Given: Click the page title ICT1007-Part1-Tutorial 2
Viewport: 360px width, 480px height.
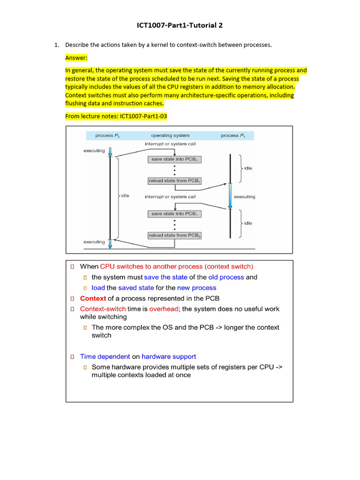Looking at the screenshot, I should [x=180, y=25].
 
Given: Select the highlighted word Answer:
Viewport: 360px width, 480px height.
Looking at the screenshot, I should [x=76, y=58].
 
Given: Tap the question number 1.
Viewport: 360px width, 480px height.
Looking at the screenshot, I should [x=56, y=45].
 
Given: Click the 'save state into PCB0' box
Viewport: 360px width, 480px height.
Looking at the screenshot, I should [x=174, y=159].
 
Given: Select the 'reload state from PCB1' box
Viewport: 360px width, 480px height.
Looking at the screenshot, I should [x=174, y=180].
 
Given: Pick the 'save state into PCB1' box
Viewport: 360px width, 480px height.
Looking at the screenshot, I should [x=174, y=214].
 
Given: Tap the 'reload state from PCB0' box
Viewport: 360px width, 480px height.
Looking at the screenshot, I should [x=174, y=235].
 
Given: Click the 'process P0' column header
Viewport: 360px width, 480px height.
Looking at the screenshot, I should [x=107, y=135].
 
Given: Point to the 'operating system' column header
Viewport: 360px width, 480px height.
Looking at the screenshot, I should [x=168, y=135].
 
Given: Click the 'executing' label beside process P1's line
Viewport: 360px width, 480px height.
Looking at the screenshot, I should [x=244, y=197].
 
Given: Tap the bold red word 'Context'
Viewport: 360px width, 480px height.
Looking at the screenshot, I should [x=93, y=299].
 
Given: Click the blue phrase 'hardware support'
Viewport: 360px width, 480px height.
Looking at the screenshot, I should [x=169, y=357].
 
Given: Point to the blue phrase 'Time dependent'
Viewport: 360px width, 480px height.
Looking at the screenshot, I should [x=105, y=357].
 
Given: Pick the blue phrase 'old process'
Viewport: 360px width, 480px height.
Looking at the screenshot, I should [x=226, y=277].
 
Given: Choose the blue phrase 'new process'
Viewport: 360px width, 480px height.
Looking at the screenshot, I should [x=196, y=288].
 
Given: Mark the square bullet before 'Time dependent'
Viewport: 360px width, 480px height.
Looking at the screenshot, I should [x=73, y=357].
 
